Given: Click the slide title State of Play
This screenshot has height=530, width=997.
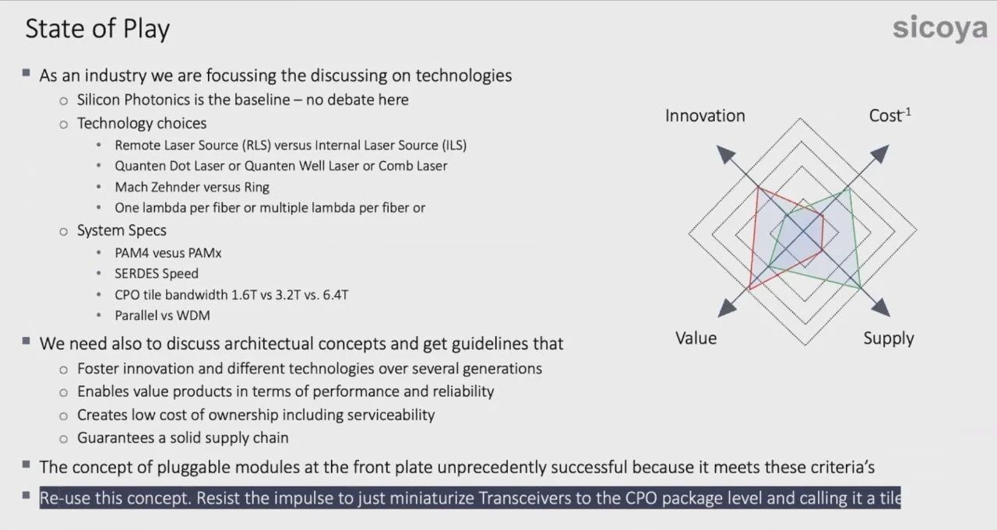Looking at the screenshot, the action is coord(97,30).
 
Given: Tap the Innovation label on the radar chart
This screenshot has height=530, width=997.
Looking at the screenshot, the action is coord(705,116).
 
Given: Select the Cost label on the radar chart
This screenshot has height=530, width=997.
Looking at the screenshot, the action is coord(890,116).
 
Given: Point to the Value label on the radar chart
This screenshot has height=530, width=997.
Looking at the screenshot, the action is coord(696,339).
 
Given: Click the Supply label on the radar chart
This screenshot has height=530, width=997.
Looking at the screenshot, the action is coord(889,339).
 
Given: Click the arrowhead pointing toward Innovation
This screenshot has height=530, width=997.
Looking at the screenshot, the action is coord(725,154).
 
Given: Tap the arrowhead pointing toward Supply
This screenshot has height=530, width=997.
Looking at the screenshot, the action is coord(880,307).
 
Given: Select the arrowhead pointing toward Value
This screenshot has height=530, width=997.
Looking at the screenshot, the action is coord(727,307).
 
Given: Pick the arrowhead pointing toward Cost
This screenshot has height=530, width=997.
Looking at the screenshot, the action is coord(879,154).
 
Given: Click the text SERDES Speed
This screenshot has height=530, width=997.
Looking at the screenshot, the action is coord(157,273).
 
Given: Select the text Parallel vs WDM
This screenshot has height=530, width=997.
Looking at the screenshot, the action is coord(163,316).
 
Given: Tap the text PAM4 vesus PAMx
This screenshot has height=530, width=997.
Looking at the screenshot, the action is coord(168,253).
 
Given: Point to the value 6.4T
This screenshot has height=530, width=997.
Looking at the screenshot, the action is coord(336,295).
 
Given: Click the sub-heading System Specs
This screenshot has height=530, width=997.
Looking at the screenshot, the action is coord(122,230).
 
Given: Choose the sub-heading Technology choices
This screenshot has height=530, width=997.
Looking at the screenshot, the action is coord(142,123).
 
